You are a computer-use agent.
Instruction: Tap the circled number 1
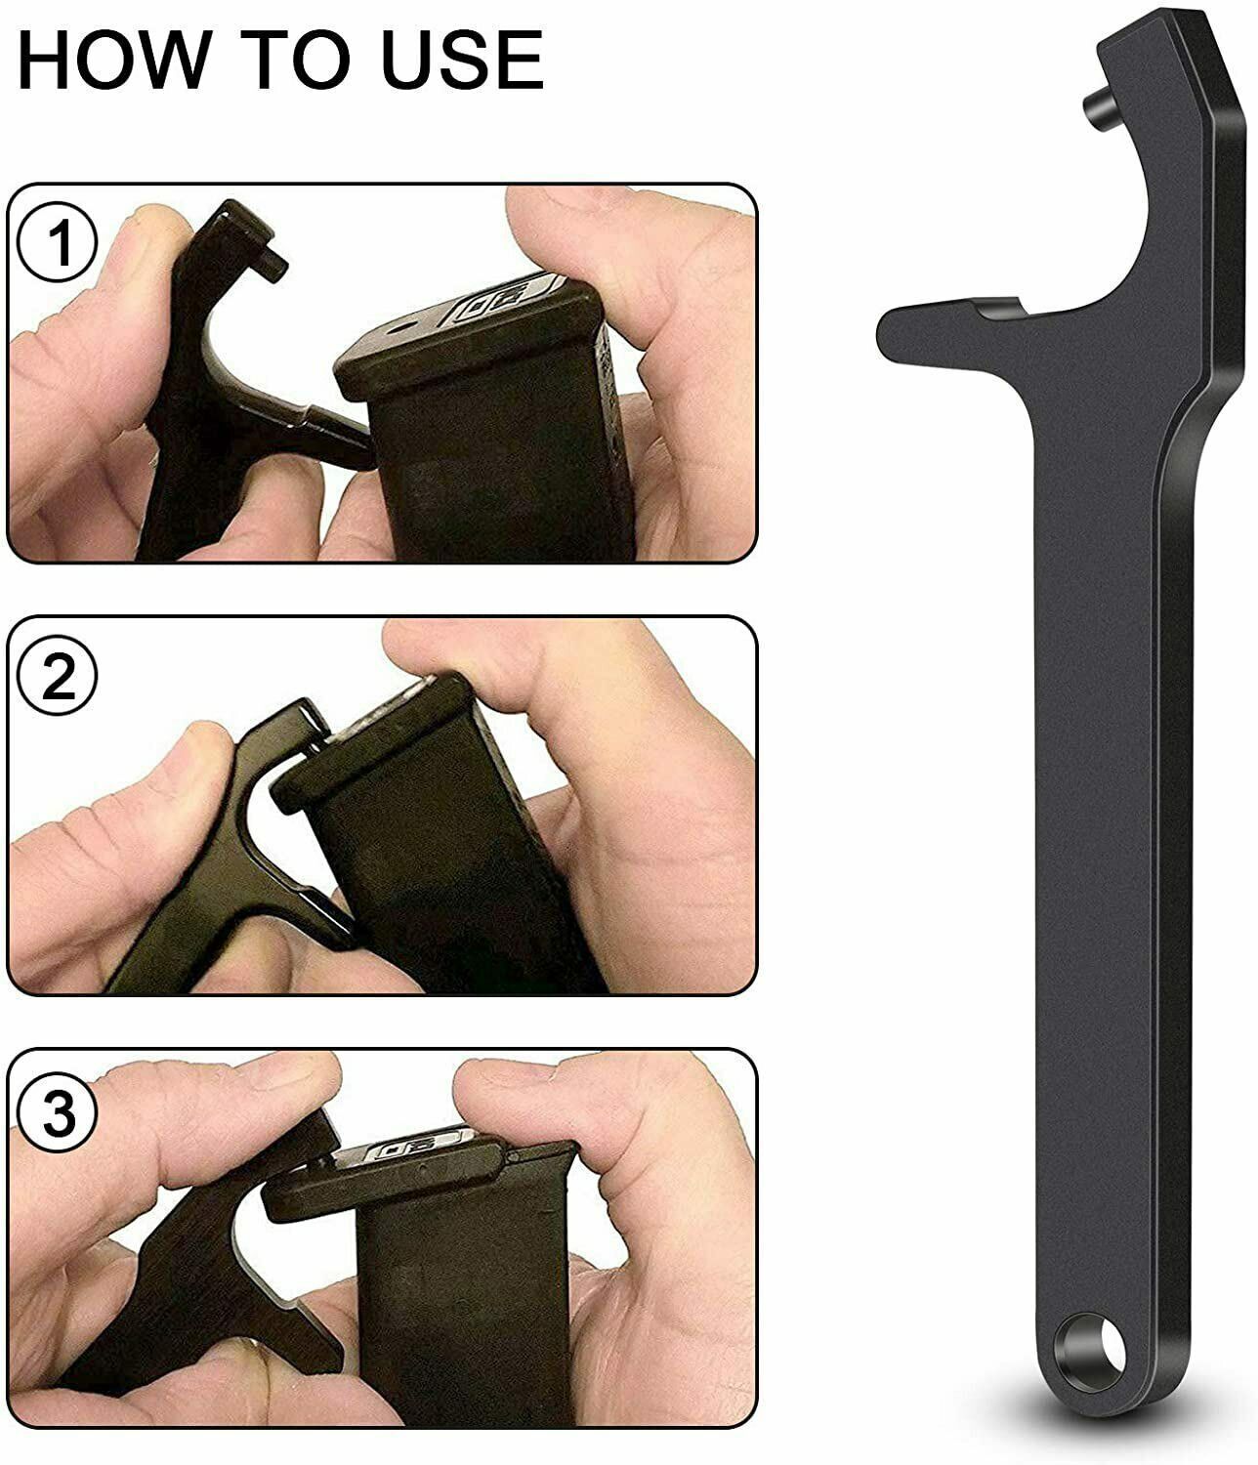[x=60, y=243]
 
